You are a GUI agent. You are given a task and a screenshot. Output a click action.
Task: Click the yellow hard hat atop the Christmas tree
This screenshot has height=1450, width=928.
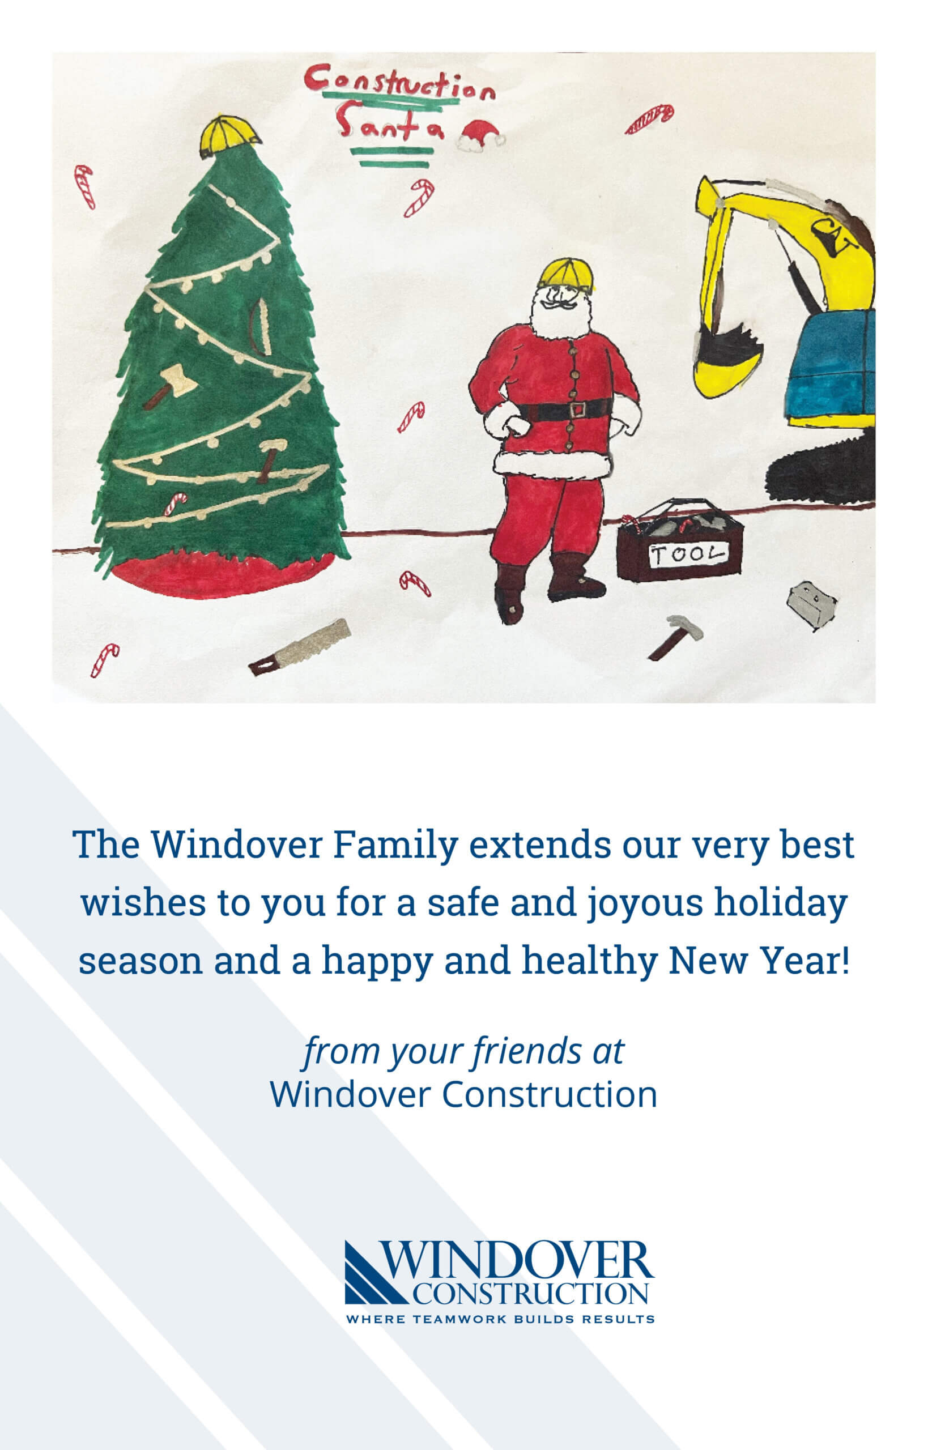(x=229, y=136)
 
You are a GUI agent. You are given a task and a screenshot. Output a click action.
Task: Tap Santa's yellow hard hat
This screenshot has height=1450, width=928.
(x=566, y=274)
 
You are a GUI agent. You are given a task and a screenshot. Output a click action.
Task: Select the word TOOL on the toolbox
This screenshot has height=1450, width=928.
(x=688, y=553)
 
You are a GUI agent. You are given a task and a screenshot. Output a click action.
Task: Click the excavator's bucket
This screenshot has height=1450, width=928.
(x=726, y=360)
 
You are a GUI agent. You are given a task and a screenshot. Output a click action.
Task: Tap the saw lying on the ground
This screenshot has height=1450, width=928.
(x=300, y=647)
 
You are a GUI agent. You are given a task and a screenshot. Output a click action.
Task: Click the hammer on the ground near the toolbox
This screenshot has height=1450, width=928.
(x=676, y=636)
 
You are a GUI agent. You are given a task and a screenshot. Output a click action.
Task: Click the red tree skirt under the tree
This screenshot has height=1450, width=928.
(x=223, y=575)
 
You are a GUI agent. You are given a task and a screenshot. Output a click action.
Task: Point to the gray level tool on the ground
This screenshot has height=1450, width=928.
(x=811, y=604)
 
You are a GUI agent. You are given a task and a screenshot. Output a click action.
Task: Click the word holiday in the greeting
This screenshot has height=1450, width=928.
(x=781, y=903)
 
